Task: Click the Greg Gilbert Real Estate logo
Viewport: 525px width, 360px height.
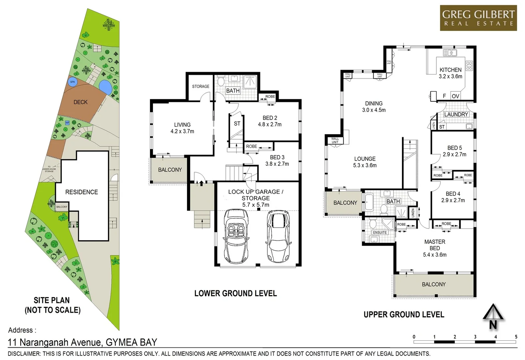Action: pyautogui.click(x=478, y=18)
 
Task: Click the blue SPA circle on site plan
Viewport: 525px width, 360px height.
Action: pyautogui.click(x=72, y=82)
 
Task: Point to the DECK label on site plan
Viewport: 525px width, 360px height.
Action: pyautogui.click(x=80, y=102)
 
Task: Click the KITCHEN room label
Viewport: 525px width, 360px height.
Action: pyautogui.click(x=450, y=70)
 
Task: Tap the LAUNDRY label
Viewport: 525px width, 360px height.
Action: pyautogui.click(x=456, y=114)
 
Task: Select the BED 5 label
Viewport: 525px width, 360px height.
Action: pyautogui.click(x=454, y=148)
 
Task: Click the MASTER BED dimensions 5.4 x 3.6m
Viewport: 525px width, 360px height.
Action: pyautogui.click(x=435, y=255)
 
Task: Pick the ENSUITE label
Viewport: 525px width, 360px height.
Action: pyautogui.click(x=380, y=233)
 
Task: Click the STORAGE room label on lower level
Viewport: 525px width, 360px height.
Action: pyautogui.click(x=201, y=86)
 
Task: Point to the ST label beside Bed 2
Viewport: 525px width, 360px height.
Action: pyautogui.click(x=237, y=124)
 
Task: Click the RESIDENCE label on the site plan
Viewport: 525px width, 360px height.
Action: pyautogui.click(x=82, y=192)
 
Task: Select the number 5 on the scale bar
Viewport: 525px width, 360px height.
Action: pyautogui.click(x=516, y=337)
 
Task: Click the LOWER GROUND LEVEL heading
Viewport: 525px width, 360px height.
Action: pyautogui.click(x=235, y=293)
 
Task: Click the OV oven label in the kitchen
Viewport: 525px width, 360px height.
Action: pyautogui.click(x=455, y=96)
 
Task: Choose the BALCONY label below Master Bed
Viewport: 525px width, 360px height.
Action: pyautogui.click(x=434, y=284)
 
